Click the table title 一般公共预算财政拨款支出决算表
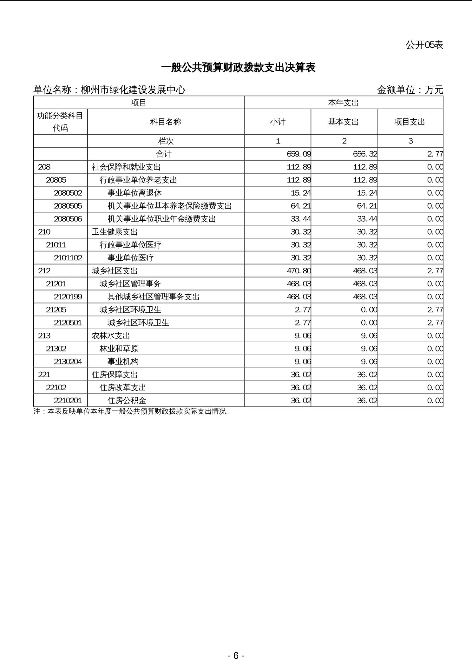(238, 68)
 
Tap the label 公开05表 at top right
(424, 45)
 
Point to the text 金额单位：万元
(410, 90)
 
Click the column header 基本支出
(344, 122)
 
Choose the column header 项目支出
(410, 122)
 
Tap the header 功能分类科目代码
(60, 122)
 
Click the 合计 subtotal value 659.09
(298, 154)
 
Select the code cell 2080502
(68, 193)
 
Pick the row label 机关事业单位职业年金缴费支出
(162, 219)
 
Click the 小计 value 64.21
(300, 206)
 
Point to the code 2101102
(68, 258)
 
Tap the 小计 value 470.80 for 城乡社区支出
(298, 271)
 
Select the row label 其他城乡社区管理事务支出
(154, 297)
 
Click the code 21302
(56, 349)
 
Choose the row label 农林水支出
(111, 336)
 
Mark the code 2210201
(68, 401)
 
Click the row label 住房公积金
(127, 401)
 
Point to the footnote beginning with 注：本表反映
(132, 411)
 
